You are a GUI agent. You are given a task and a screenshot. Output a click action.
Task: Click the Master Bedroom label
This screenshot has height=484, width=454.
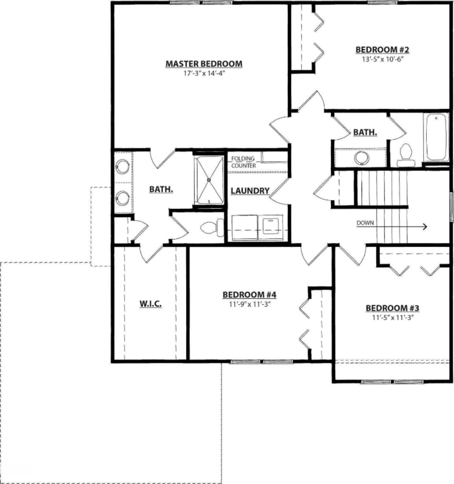click(204, 64)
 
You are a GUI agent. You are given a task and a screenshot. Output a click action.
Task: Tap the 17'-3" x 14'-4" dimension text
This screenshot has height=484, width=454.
click(204, 73)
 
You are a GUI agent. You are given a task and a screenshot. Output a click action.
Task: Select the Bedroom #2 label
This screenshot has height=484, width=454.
click(382, 50)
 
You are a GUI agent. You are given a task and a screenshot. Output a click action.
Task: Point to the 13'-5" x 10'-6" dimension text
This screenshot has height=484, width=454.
click(382, 59)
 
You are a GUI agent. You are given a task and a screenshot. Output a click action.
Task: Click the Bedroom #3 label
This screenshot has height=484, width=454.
click(392, 308)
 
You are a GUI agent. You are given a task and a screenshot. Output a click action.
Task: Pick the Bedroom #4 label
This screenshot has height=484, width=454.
click(249, 295)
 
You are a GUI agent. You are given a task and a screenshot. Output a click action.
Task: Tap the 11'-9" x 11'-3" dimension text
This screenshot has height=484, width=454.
click(249, 304)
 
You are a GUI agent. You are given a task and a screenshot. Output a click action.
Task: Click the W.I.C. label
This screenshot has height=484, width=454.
click(151, 304)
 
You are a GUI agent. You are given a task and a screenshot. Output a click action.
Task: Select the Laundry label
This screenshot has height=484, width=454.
click(250, 191)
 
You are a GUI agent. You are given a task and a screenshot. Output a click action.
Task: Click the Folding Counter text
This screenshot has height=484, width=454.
click(243, 162)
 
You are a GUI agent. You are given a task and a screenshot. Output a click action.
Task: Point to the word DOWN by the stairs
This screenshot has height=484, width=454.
click(365, 223)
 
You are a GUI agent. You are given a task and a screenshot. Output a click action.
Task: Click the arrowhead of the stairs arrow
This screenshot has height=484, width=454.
click(425, 226)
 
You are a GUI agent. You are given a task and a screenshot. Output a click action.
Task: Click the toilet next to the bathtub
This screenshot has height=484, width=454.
click(405, 155)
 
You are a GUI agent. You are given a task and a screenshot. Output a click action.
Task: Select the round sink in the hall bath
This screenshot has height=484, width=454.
click(361, 158)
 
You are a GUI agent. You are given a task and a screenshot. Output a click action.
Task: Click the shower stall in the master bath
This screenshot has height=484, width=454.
click(209, 180)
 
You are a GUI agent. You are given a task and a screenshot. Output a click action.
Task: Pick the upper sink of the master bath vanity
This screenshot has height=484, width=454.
click(122, 166)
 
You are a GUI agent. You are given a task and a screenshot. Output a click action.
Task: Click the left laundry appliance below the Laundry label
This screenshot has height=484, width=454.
click(245, 228)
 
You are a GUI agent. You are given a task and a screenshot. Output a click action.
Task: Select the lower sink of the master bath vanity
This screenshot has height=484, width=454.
click(122, 198)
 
